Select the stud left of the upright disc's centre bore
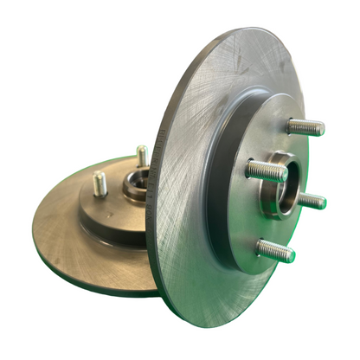(x=266, y=170)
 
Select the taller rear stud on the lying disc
(x=142, y=156)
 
